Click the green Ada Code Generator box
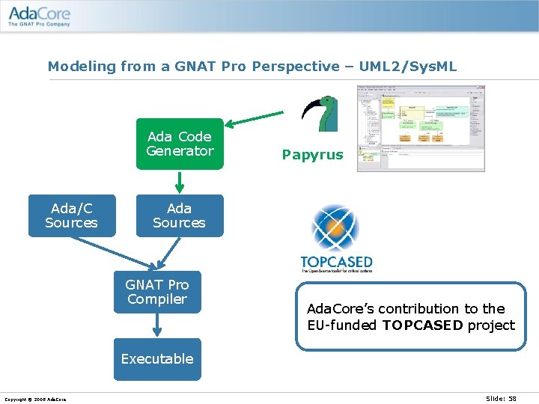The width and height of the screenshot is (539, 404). click(180, 144)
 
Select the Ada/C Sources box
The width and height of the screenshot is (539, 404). click(72, 215)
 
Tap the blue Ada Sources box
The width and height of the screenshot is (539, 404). click(180, 215)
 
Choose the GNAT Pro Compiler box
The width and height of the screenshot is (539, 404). click(157, 292)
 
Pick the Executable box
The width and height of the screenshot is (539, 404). click(157, 359)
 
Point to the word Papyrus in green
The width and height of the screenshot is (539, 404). click(312, 155)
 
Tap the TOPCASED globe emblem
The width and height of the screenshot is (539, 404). click(336, 229)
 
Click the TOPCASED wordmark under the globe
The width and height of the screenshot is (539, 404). click(336, 263)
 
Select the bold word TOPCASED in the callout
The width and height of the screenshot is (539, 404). click(423, 325)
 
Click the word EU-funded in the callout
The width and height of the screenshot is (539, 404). click(343, 325)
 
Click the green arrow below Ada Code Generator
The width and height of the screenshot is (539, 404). click(180, 182)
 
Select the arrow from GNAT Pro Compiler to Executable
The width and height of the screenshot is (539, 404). click(157, 325)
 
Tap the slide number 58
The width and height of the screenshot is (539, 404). click(511, 399)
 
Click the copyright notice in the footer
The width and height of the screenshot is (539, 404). click(35, 400)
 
